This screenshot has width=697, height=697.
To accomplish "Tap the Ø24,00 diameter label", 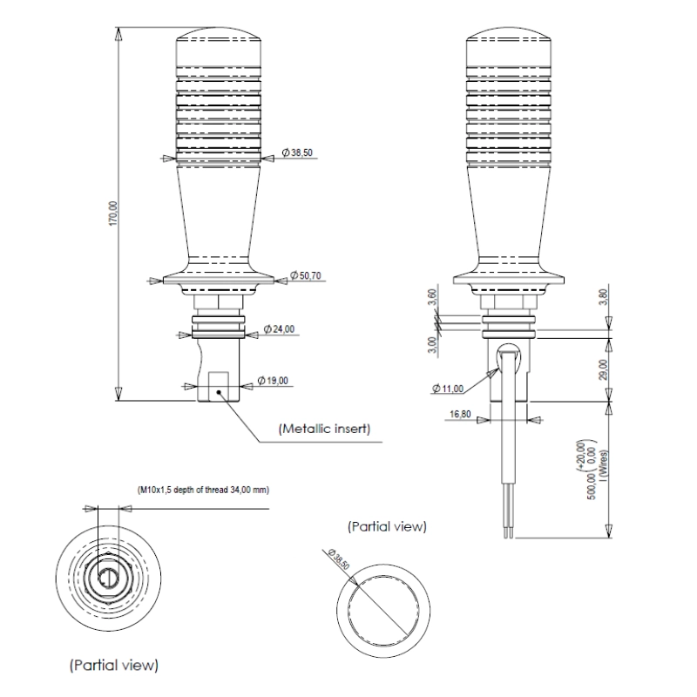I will (x=281, y=330).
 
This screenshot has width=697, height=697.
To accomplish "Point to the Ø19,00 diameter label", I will (x=276, y=381).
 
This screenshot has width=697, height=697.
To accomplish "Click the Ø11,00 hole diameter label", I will (x=448, y=388).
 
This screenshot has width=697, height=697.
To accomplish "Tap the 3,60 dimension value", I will (x=433, y=298).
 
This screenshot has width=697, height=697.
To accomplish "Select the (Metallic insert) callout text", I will (x=325, y=429).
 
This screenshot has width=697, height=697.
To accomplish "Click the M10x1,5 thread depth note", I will (x=203, y=490).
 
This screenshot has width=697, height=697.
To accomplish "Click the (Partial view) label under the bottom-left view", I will (x=114, y=665).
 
